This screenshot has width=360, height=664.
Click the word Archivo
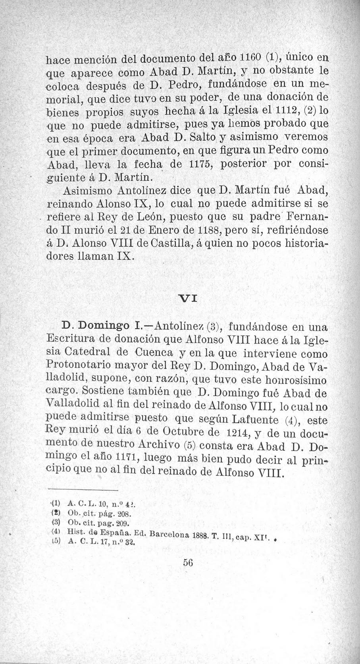(160, 445)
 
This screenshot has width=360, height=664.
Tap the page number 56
(186, 564)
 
